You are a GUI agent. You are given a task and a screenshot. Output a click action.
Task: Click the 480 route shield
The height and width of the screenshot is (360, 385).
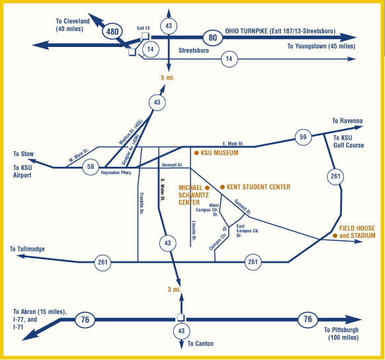112,31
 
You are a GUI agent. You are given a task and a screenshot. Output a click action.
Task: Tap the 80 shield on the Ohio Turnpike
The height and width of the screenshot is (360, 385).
212,38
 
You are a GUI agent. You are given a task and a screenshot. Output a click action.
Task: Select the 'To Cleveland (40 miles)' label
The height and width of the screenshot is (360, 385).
73,24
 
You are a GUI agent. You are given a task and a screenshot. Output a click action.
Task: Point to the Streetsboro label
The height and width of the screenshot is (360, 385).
193,50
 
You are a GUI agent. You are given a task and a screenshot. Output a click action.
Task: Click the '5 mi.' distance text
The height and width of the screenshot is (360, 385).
168,77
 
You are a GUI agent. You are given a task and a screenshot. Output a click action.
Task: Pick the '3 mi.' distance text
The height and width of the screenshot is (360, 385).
175,290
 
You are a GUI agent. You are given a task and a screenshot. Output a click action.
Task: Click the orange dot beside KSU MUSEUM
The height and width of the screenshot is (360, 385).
196,153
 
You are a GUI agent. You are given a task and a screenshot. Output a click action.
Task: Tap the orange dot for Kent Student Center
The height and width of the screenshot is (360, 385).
222,187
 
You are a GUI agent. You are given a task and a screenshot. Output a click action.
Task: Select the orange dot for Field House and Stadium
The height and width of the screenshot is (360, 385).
335,236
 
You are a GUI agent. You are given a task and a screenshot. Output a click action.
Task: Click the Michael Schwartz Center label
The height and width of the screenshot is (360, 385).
194,195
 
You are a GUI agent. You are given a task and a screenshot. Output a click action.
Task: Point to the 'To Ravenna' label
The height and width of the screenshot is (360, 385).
347,121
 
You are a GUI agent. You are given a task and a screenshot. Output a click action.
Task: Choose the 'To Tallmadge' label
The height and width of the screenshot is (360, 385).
27,249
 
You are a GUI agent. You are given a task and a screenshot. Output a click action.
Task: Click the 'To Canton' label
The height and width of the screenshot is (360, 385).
200,343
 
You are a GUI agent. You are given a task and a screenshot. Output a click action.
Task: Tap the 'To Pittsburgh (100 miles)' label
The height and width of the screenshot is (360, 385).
341,334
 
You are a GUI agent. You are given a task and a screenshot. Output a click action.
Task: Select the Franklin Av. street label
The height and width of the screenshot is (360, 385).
142,204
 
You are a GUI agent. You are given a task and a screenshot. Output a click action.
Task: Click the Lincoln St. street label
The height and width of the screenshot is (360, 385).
194,231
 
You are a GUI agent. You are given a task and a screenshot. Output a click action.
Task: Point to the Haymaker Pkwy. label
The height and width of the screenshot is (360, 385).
116,173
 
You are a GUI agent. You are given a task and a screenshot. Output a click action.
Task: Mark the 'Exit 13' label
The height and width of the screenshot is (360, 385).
143,28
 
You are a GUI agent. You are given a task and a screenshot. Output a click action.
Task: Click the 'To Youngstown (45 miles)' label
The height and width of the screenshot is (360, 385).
321,46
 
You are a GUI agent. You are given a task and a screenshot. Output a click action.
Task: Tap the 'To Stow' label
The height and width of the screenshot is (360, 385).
23,154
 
